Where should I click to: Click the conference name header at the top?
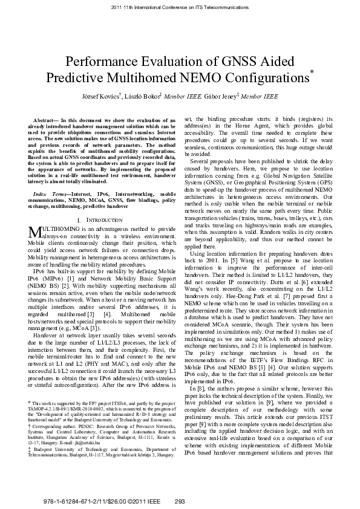pyautogui.click(x=180, y=8)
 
